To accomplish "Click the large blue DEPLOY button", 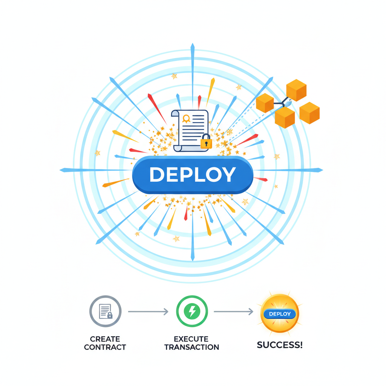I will click(x=193, y=175).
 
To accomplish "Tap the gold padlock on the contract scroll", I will click(x=206, y=141).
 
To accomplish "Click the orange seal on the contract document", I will click(x=186, y=119).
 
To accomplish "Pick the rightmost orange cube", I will click(x=309, y=113).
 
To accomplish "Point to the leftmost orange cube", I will click(x=265, y=103).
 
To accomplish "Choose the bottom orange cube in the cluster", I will click(x=285, y=117).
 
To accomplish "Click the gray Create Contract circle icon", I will click(x=105, y=311).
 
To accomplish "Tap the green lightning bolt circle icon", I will click(x=192, y=311).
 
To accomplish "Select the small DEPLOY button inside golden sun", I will click(x=279, y=314).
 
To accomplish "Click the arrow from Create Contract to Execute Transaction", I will click(x=148, y=312).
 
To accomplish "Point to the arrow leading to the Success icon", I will click(x=233, y=312).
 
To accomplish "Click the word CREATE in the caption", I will click(x=105, y=339).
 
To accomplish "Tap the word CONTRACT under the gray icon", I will click(x=105, y=347).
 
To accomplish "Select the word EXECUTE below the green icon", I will click(x=191, y=339).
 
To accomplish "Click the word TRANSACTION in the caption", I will click(x=191, y=347).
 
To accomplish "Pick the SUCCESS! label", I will click(x=279, y=345).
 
